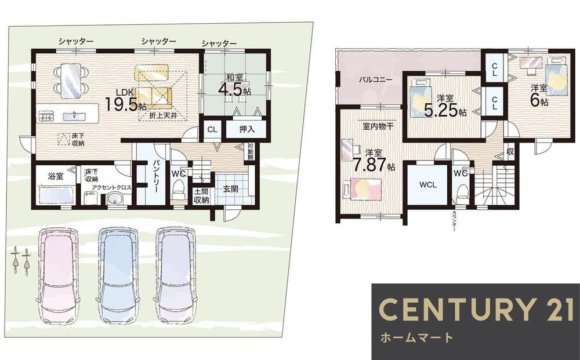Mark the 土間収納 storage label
click(201, 196)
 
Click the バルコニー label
click(375, 79)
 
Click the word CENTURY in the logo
click(449, 310)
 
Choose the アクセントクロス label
click(112, 188)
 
